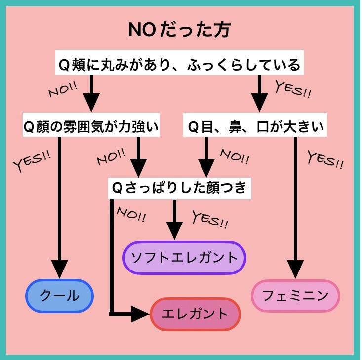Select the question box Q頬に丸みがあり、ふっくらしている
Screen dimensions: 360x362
[179, 65]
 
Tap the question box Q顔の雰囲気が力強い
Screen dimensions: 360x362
[91, 127]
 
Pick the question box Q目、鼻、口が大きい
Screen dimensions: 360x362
[255, 127]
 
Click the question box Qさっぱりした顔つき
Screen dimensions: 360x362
[179, 188]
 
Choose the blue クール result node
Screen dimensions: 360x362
[59, 296]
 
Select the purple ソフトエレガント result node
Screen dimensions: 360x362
[184, 258]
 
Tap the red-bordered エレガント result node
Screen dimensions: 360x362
[195, 314]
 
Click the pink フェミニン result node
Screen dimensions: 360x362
[295, 296]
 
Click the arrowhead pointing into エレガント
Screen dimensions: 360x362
[141, 314]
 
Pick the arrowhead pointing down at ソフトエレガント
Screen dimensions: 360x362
[174, 231]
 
